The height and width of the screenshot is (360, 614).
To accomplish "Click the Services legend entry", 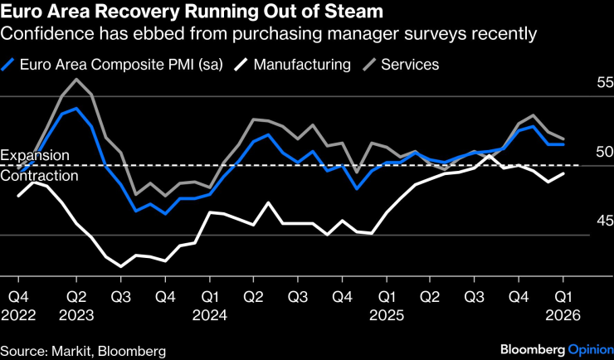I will click(409, 64).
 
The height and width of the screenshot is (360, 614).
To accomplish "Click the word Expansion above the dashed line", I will click(35, 156).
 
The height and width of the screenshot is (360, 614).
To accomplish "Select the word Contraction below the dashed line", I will click(39, 175).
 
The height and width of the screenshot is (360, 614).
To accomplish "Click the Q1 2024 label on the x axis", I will click(211, 305).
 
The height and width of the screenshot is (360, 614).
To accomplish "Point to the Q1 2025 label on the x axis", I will click(386, 305).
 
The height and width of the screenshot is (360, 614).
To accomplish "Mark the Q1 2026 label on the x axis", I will click(564, 305).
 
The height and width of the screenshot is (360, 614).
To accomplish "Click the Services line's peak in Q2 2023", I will click(76, 80).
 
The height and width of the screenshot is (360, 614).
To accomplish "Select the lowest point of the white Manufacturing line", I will click(121, 266).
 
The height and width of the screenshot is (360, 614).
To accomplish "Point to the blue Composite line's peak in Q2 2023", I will click(76, 109).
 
